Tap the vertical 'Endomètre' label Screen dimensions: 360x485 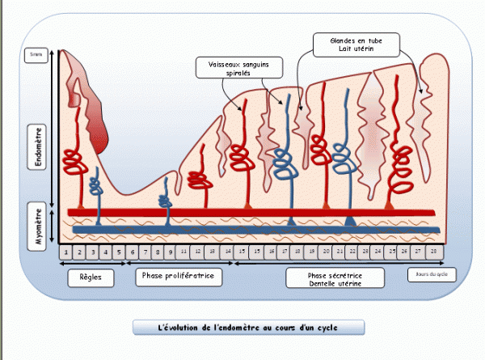pyautogui.click(x=39, y=145)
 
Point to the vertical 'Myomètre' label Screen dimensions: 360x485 pyautogui.click(x=39, y=227)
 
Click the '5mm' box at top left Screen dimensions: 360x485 pyautogui.click(x=35, y=55)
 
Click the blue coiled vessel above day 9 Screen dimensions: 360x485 pyautogui.click(x=166, y=201)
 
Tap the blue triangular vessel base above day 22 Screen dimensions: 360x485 pyautogui.click(x=349, y=221)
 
